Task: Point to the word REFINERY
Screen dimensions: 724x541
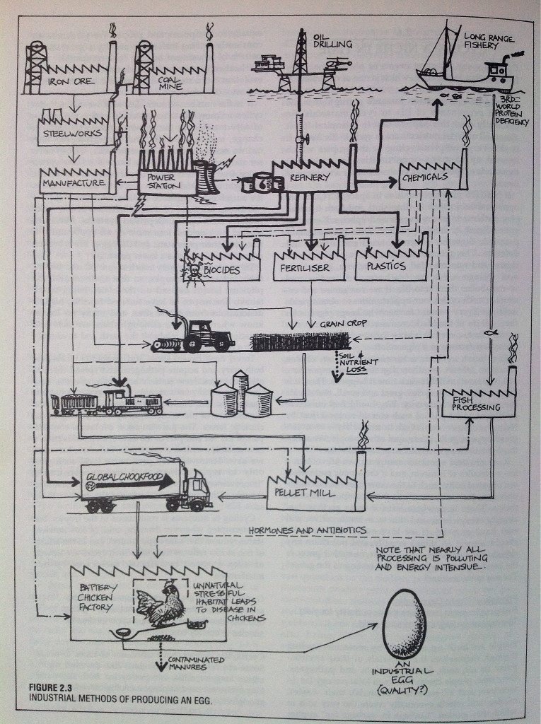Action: point(309,179)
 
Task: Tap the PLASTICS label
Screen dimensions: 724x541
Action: point(386,267)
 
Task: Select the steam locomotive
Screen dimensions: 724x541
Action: point(131,402)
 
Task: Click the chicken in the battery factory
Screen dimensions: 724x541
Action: point(164,603)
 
